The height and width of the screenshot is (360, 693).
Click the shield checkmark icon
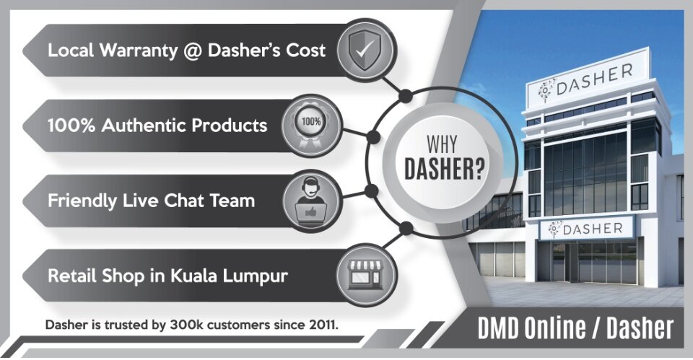point(365,50)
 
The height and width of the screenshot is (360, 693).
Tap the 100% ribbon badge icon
point(311,126)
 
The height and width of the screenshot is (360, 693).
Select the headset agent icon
point(310,201)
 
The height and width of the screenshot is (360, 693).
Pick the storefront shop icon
point(365,275)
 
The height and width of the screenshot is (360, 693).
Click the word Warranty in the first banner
point(139,51)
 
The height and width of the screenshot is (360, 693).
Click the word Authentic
point(144,126)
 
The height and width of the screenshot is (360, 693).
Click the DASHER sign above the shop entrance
point(586,229)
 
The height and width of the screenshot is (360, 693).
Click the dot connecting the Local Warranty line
point(405,95)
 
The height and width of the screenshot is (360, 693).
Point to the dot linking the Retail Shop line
point(406,228)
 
